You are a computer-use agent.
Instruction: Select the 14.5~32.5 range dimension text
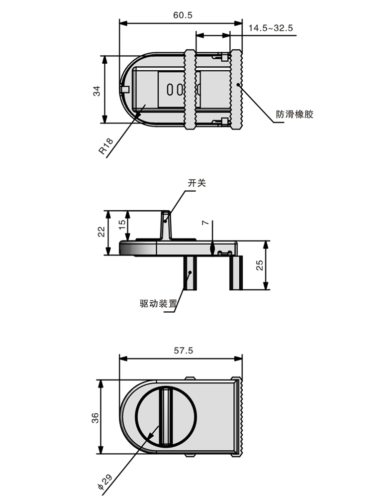click(x=270, y=29)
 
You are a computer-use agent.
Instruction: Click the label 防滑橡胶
click(x=295, y=115)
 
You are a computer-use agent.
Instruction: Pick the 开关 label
click(x=196, y=183)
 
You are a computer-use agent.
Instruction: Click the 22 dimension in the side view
click(x=101, y=232)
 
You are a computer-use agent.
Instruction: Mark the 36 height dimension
click(x=96, y=417)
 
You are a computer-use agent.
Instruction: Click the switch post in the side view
click(x=166, y=225)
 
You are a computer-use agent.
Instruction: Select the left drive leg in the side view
click(x=191, y=273)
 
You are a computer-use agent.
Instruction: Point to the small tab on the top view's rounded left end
click(x=125, y=90)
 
